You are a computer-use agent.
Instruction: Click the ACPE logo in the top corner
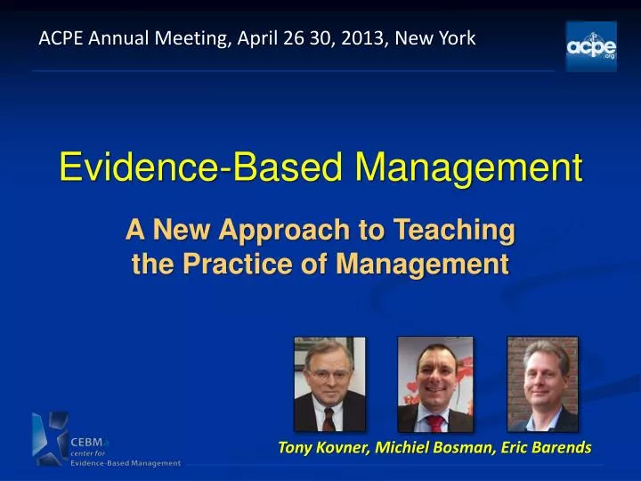(591, 45)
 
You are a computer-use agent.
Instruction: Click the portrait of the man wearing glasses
(329, 384)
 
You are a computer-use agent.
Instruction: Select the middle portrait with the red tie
(434, 384)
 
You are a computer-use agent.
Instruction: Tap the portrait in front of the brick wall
(542, 384)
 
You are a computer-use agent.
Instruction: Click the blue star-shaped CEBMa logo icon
(48, 439)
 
